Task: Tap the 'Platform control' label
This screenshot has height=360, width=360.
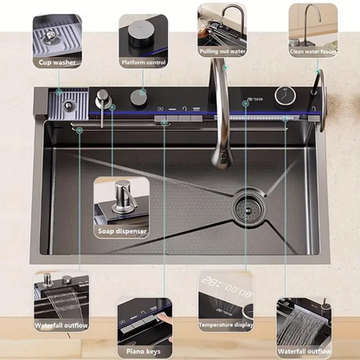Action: point(143,62)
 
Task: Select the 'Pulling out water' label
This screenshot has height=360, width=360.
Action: point(223,51)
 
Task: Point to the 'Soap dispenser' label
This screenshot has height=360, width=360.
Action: point(121,231)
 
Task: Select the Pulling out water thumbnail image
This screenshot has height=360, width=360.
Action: point(223,23)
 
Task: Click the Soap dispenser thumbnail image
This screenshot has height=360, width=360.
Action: point(121,201)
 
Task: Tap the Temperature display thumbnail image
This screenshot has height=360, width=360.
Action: point(224,299)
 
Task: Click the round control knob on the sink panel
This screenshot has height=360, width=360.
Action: point(138,97)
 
